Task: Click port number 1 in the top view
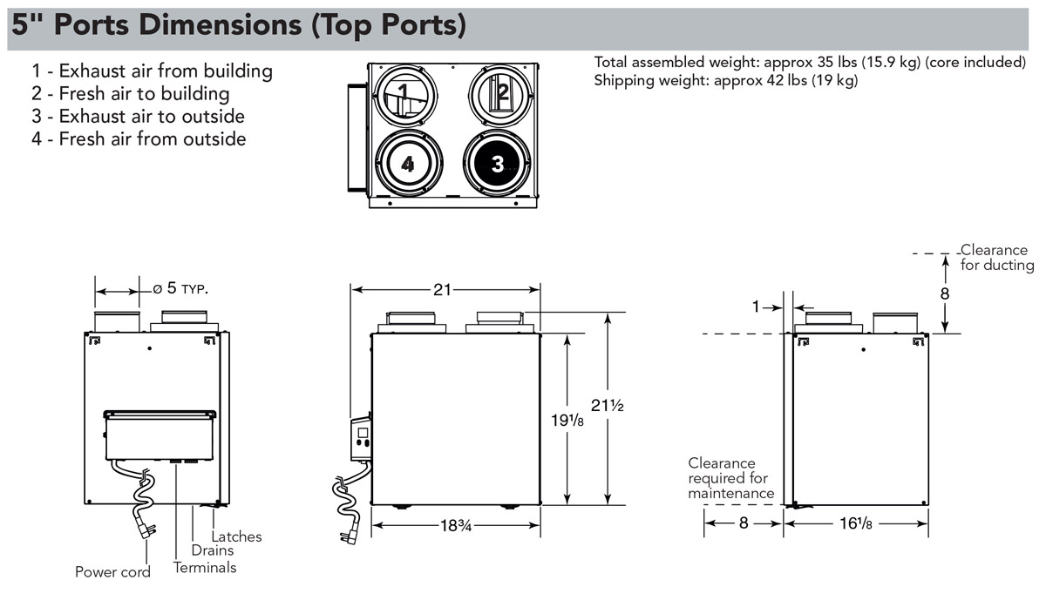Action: coord(403,91)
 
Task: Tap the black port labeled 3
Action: coord(497,164)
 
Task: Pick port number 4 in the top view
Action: coord(408,164)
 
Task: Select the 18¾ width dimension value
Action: coord(455,525)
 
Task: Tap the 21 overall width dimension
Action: coord(445,289)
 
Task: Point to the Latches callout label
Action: coord(236,536)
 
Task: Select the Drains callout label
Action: coord(213,550)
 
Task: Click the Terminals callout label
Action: coord(205,568)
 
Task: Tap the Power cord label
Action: coord(112,572)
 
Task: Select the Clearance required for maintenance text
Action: coord(730,478)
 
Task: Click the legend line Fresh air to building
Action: coord(131,94)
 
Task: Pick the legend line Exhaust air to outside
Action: coord(139,117)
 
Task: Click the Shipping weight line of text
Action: coord(725,81)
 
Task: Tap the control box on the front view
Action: coord(361,438)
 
